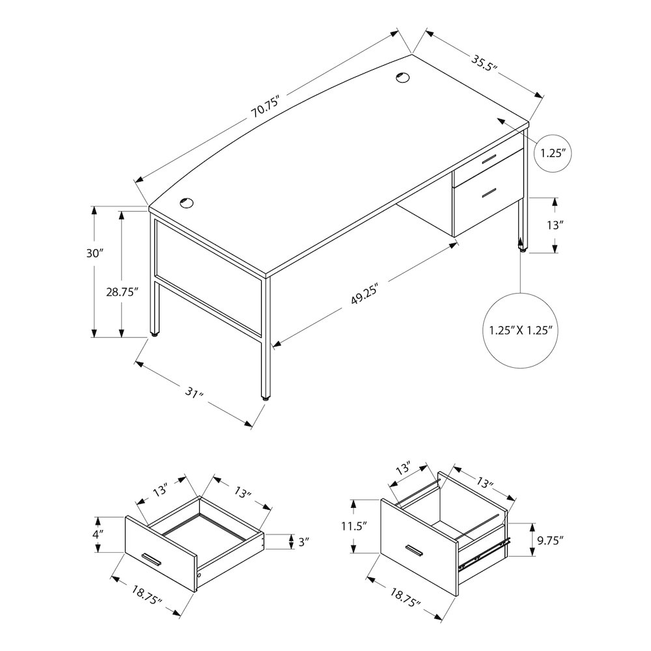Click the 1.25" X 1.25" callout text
521,330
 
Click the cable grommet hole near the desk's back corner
402,77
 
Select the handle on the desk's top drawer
489,160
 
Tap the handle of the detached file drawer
414,551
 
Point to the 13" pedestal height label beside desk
553,225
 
